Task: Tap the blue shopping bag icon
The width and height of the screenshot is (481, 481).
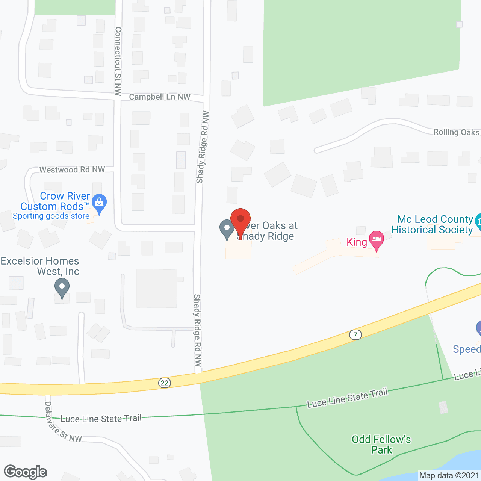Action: point(99,203)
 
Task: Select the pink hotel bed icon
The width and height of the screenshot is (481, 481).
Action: point(376,239)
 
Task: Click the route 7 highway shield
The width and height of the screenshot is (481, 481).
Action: point(355,334)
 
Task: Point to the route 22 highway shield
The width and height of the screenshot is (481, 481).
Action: point(164,383)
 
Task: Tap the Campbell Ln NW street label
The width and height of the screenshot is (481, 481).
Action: point(160,97)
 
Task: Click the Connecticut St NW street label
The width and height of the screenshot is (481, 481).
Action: point(118,61)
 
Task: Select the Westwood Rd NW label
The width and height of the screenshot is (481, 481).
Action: point(72,170)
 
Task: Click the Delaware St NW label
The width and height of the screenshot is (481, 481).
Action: point(62,423)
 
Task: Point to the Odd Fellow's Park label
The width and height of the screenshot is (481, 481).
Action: point(381,445)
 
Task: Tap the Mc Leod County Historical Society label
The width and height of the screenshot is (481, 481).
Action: point(432,224)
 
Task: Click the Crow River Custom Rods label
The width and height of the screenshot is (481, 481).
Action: point(55,201)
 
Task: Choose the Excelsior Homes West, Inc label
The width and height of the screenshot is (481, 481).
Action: point(40,266)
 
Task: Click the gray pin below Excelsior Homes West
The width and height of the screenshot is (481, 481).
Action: point(62,289)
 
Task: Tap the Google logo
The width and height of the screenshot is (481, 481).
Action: point(26,472)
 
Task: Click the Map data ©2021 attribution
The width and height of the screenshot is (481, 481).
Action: point(449,475)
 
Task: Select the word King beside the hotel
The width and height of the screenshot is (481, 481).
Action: point(357,242)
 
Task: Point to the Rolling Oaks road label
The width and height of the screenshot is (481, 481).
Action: point(456,132)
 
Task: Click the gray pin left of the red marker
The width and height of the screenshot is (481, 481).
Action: point(227,229)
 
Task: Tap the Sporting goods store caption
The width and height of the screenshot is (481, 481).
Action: point(51,216)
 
